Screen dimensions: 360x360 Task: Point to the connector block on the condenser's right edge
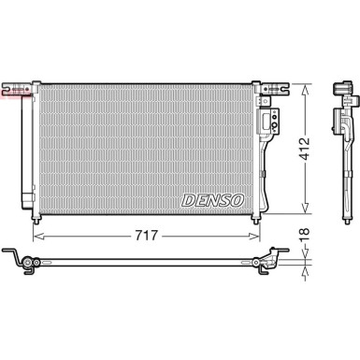pyautogui.click(x=274, y=120)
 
